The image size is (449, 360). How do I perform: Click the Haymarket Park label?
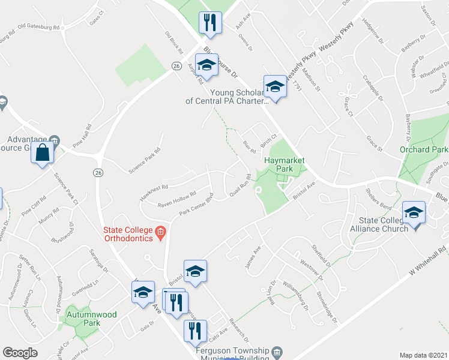[x=285, y=165]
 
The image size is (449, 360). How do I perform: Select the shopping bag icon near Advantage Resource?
[x=43, y=153]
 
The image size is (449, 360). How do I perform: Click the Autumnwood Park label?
[x=82, y=318]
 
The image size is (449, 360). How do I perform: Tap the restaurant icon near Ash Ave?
[x=210, y=23]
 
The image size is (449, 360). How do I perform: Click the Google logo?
[x=20, y=353]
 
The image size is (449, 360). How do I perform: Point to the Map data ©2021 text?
[x=423, y=355]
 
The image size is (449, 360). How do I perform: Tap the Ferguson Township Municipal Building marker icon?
[x=276, y=351]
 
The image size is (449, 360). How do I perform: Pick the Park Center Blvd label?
[x=196, y=205]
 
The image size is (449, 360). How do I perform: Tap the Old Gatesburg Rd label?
[x=39, y=27]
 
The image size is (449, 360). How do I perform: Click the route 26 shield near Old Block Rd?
[x=176, y=65]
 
